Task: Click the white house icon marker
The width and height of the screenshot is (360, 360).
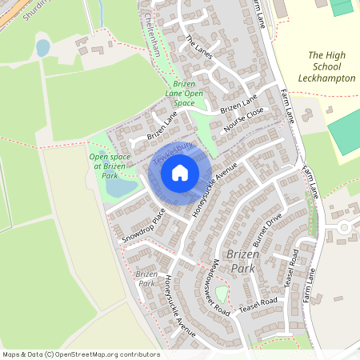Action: pyautogui.click(x=180, y=171)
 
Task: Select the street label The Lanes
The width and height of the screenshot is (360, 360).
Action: pyautogui.click(x=199, y=49)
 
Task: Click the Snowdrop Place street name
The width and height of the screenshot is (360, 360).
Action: pyautogui.click(x=143, y=226)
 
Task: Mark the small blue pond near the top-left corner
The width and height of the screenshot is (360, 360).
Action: pyautogui.click(x=42, y=48)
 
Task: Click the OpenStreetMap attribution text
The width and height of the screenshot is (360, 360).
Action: pyautogui.click(x=80, y=354)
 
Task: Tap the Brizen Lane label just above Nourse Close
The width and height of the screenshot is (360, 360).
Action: pyautogui.click(x=239, y=103)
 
